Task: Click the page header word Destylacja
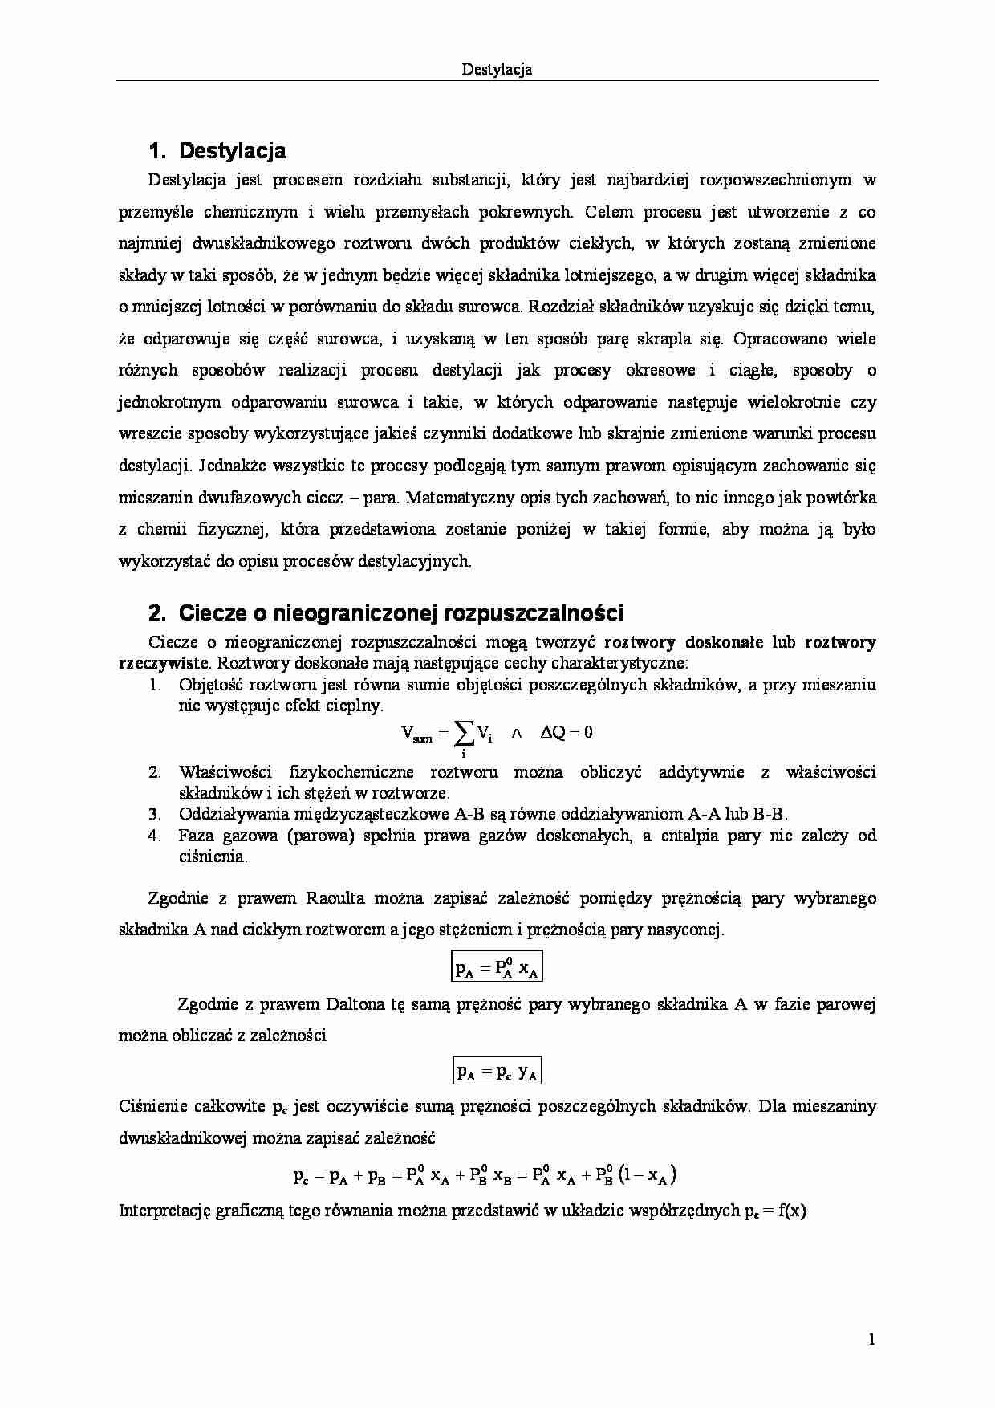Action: [497, 70]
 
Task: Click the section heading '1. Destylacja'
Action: [217, 151]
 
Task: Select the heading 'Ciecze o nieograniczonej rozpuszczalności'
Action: [400, 613]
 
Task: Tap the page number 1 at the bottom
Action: [871, 1339]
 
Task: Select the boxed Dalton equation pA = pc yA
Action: [497, 1071]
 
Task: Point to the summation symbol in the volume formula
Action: [463, 731]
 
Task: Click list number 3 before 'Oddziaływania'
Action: [156, 814]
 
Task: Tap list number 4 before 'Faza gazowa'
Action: [156, 836]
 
